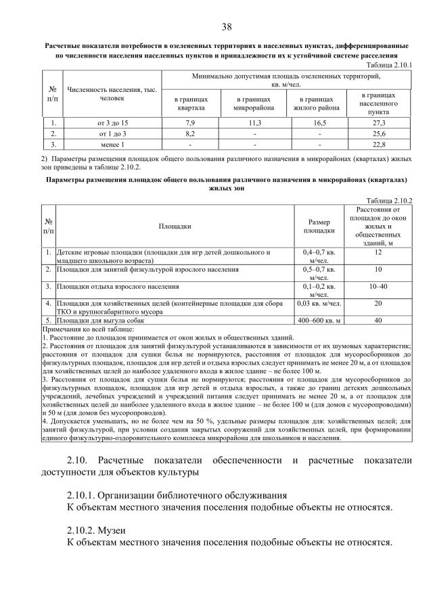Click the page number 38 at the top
(x=226, y=27)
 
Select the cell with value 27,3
(x=379, y=122)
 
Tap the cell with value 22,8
(x=379, y=144)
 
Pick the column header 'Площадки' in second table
(x=175, y=227)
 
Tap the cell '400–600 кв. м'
(x=319, y=320)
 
